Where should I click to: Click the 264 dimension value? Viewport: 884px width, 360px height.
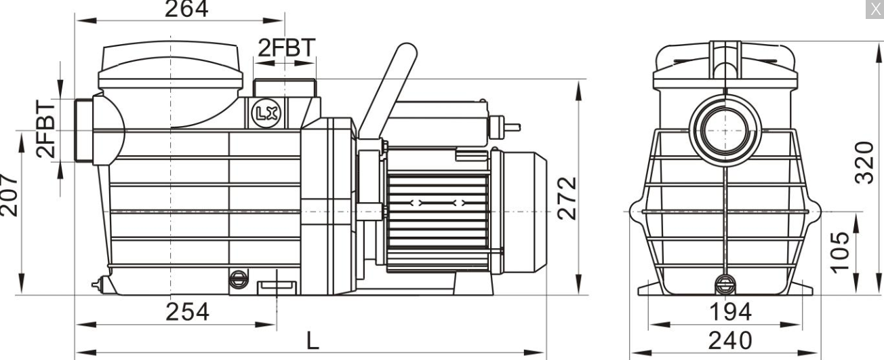click(x=186, y=9)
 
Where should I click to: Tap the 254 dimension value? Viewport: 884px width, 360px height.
click(x=187, y=312)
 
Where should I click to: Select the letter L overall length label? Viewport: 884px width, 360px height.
click(x=313, y=340)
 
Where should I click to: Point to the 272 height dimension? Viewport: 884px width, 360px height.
click(x=567, y=199)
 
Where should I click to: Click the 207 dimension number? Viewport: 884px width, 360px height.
click(x=9, y=195)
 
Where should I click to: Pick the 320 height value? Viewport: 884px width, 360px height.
click(x=864, y=163)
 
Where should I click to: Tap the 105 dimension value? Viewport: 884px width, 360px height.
click(x=839, y=253)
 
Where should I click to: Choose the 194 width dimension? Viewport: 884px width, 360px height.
click(x=731, y=312)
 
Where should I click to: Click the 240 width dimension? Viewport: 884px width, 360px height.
click(x=730, y=340)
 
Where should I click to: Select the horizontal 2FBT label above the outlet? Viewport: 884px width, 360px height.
click(x=287, y=47)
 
